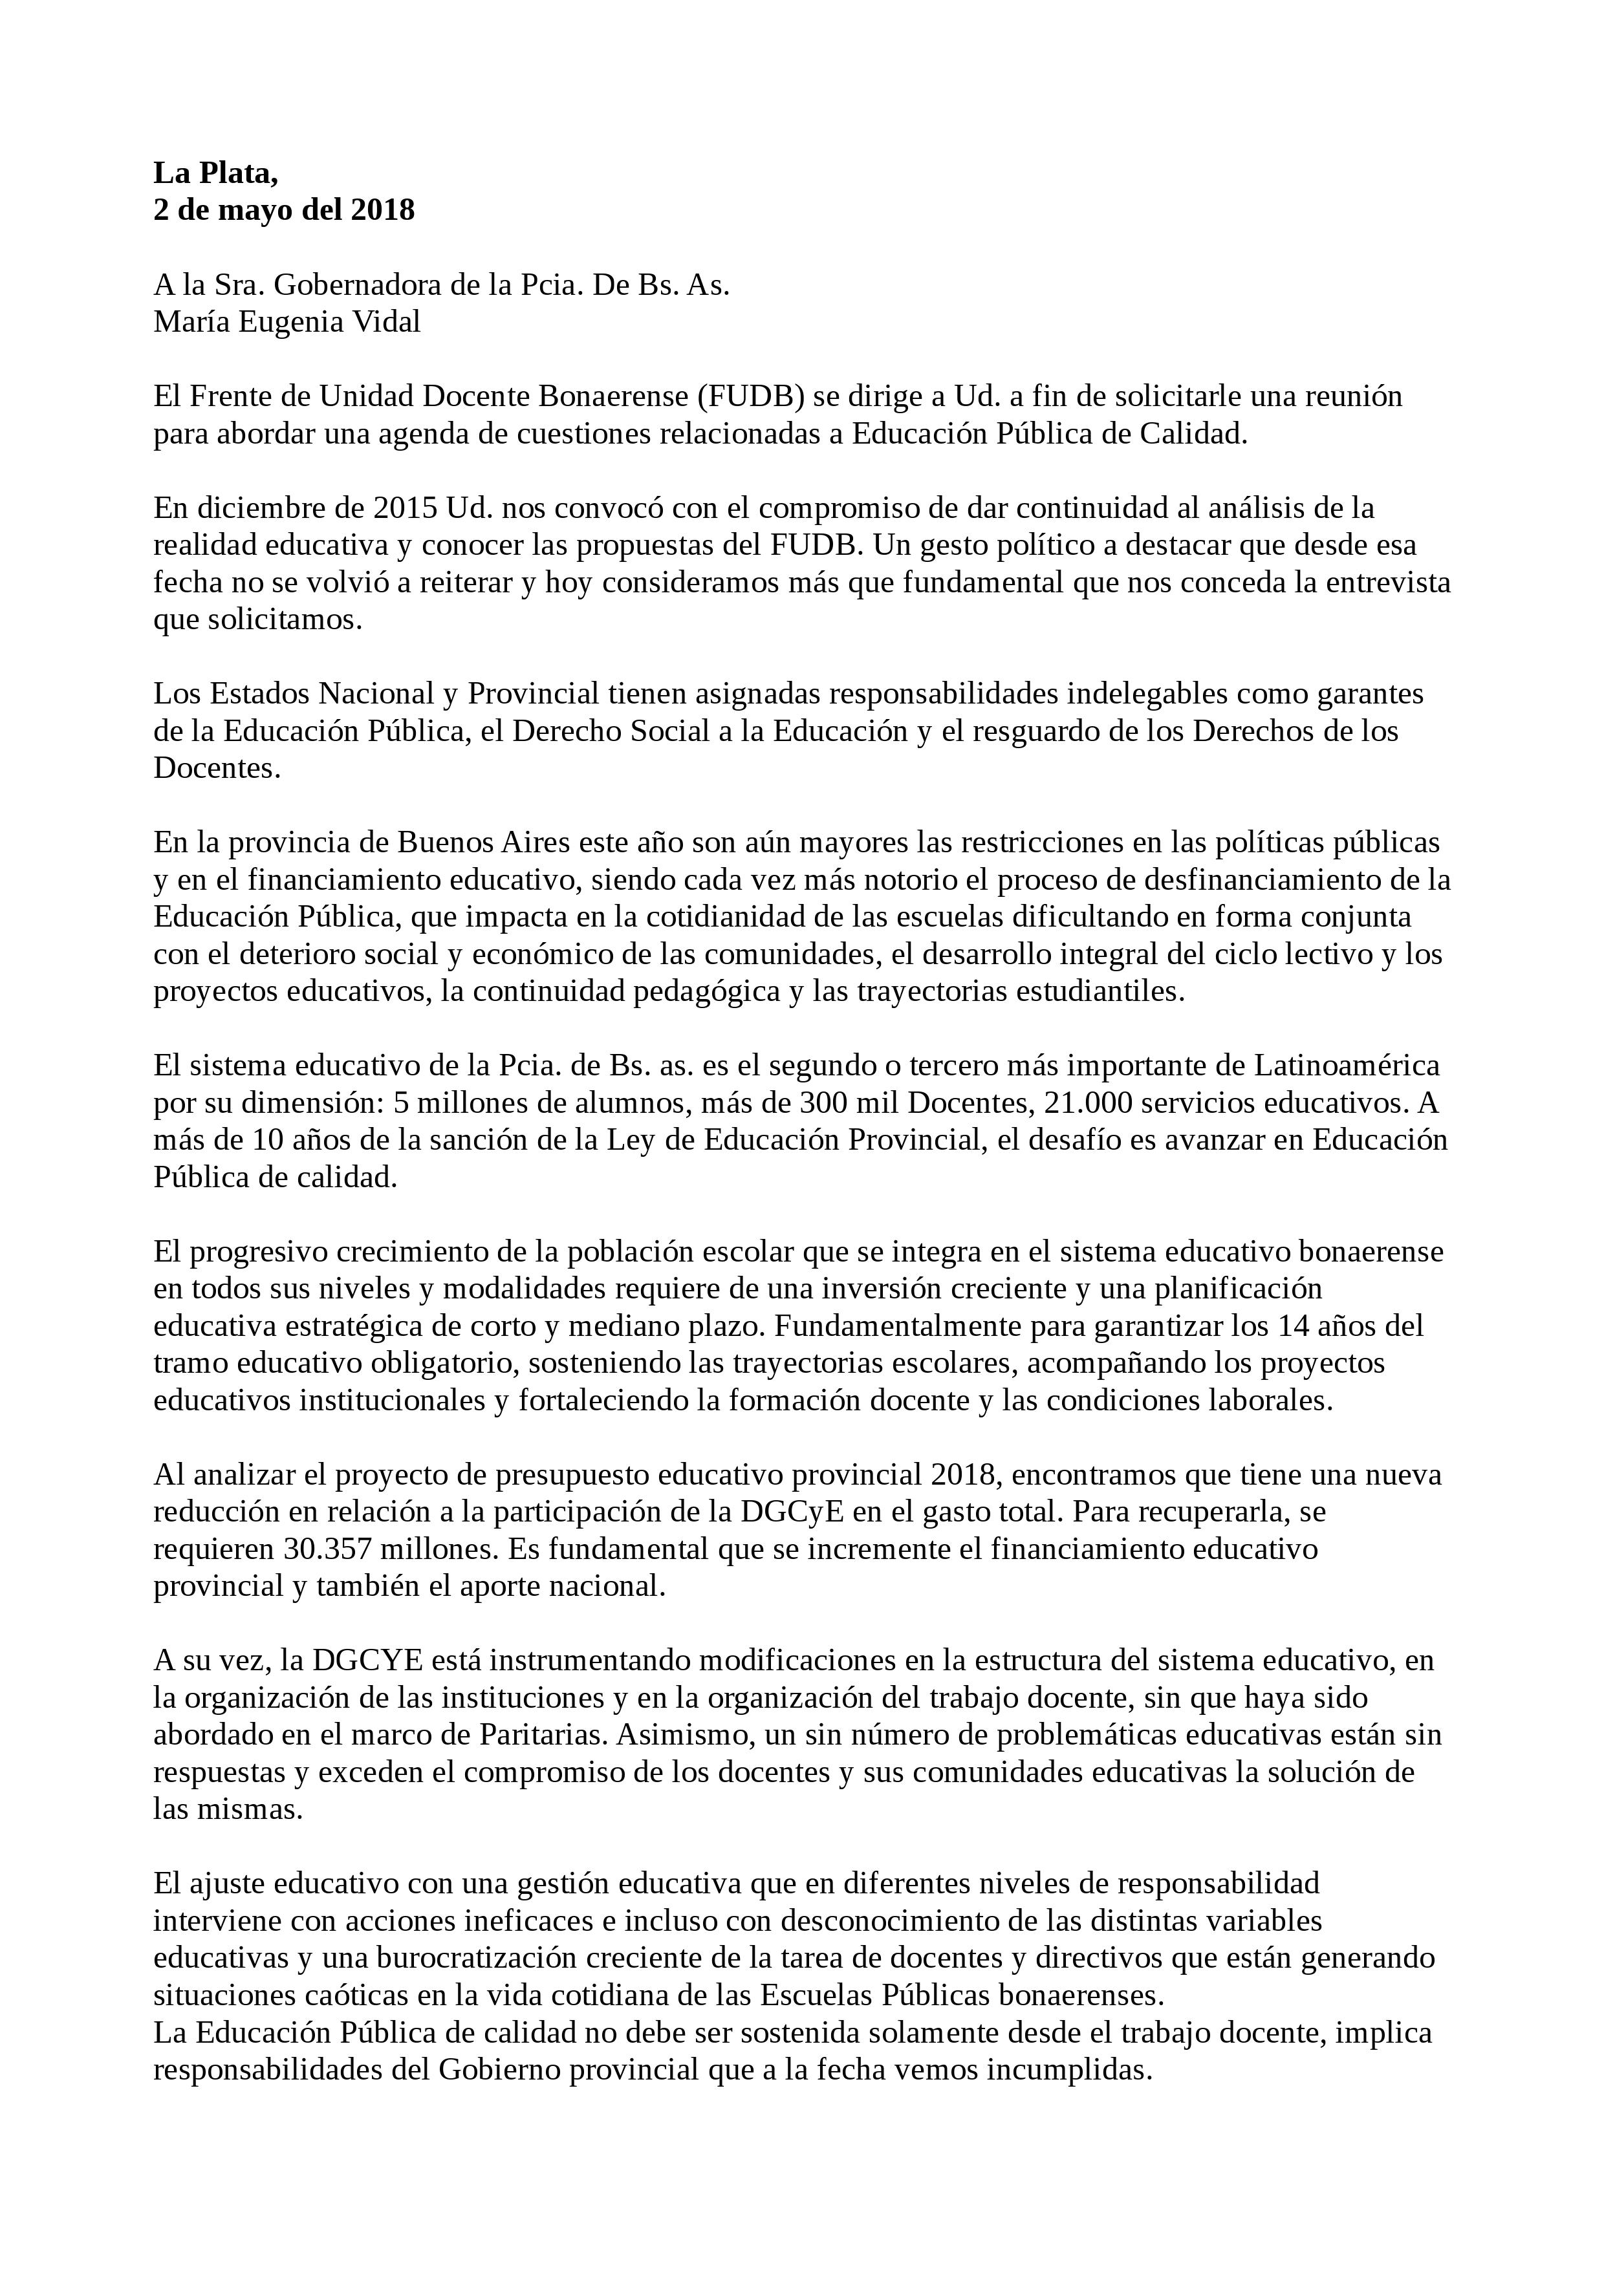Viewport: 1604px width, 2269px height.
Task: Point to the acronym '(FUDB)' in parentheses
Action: [755, 396]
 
